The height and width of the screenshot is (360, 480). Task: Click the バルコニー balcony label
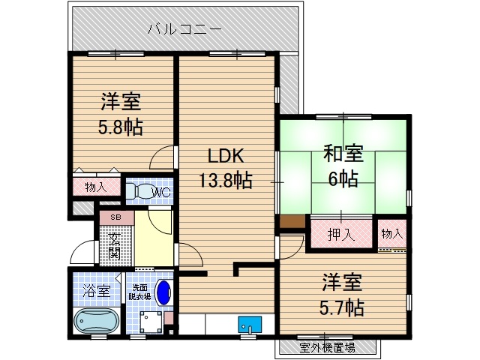point(184,30)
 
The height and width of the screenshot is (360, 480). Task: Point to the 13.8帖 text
point(225,181)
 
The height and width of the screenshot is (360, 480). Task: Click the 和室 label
point(343,154)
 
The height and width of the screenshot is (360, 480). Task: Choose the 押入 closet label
point(341,234)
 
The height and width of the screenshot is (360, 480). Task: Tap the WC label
point(162,193)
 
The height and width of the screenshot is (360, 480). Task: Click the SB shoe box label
point(115,217)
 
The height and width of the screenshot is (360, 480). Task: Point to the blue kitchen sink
point(250,325)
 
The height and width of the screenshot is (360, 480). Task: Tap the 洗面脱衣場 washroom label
point(137,292)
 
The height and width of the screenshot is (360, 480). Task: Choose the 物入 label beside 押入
point(392,234)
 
